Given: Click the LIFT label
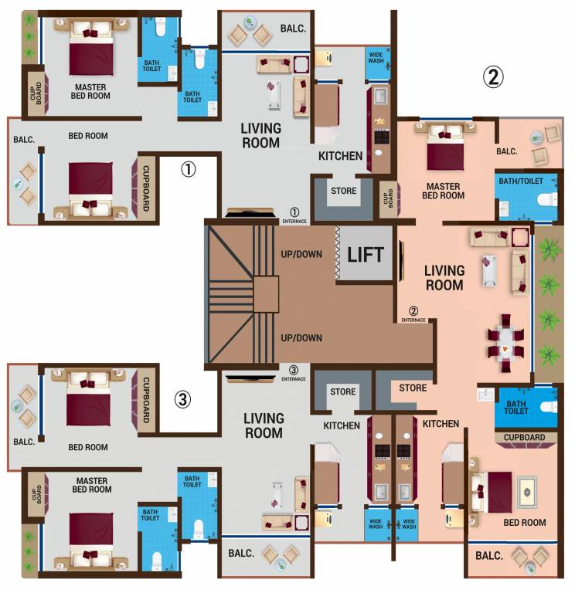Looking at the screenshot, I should click(366, 254).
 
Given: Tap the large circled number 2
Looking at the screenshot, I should click(493, 76).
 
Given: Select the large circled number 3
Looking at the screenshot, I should click(182, 399).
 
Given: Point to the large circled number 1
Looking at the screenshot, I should click(189, 169).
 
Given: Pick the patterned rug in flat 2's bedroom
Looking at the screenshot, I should click(528, 492).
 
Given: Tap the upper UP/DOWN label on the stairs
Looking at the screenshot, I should click(301, 254).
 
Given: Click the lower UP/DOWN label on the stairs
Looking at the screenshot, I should click(301, 337).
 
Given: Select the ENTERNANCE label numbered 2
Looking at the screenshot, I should click(413, 315).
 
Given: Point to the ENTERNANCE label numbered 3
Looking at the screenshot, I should click(294, 374).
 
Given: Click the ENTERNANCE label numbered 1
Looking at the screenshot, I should click(294, 216).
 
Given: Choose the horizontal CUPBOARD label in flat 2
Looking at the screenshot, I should click(525, 437).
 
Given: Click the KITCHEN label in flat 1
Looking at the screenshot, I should click(341, 156).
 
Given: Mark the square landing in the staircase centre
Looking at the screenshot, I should click(265, 294).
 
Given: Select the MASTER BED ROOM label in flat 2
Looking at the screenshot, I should click(443, 191).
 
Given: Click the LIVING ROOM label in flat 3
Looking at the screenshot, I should click(264, 425).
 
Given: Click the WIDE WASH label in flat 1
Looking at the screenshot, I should click(376, 59).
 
